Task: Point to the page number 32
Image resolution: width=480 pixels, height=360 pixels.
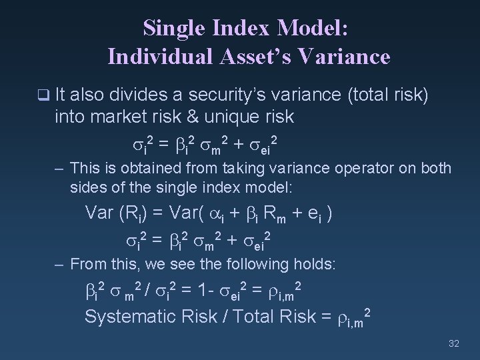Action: pos(454,343)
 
